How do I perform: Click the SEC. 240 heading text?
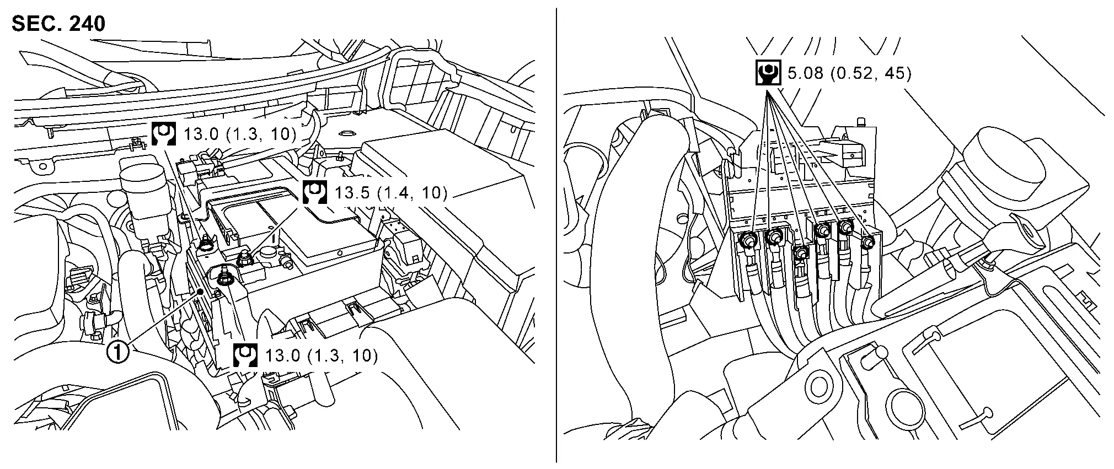tap(58, 24)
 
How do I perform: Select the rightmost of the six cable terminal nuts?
tap(867, 242)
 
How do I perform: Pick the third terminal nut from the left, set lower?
tap(800, 252)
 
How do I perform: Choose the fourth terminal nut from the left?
tap(823, 230)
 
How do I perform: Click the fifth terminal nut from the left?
tap(845, 226)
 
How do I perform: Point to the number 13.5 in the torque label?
tap(351, 192)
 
